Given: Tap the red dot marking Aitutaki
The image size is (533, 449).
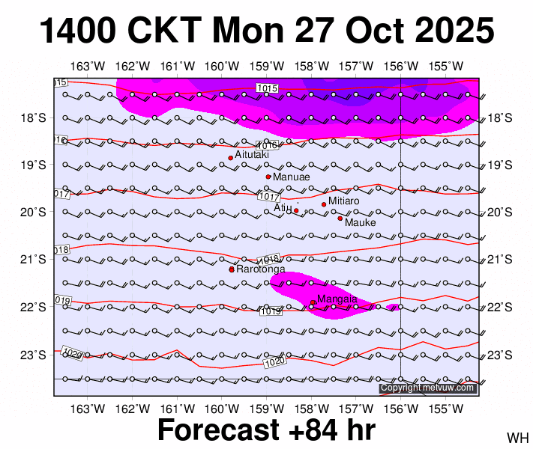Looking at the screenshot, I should tap(230, 158).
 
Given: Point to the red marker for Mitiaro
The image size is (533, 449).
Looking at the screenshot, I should tap(324, 204).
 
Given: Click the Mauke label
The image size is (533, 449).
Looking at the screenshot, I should tap(360, 222).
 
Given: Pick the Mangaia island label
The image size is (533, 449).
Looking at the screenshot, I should tap(337, 299).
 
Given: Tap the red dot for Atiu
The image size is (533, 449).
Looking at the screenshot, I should tap(296, 211).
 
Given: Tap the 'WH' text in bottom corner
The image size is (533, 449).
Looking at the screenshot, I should tap(517, 437).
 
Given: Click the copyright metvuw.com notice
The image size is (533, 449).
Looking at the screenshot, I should tap(428, 388).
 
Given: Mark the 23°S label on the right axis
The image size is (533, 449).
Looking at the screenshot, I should tap(500, 355).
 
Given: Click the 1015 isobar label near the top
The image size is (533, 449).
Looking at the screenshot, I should tap(267, 88).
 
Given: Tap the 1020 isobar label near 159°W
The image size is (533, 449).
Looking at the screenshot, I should tap(275, 363).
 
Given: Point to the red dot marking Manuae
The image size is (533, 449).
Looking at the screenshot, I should tap(268, 177).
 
